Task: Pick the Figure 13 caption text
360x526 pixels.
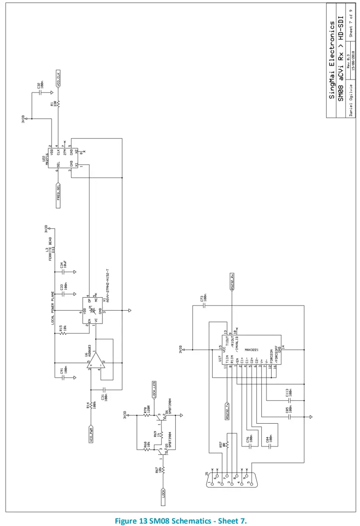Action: [x=180, y=519]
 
